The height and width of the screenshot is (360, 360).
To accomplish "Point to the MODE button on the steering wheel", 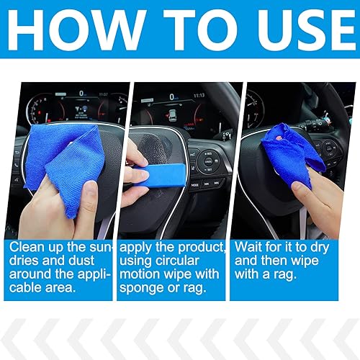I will coord(195,184).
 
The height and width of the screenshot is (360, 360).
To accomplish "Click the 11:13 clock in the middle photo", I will coord(199,94).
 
